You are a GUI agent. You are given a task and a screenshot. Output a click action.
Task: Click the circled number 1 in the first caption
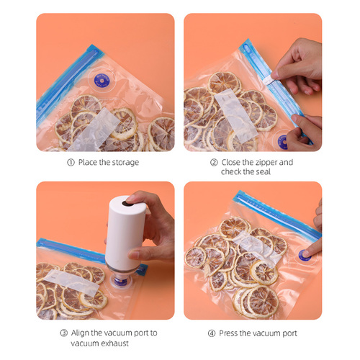[x=71, y=163]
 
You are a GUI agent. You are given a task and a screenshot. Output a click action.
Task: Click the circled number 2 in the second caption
[x=214, y=163]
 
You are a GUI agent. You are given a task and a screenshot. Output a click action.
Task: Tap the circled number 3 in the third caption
[x=63, y=333]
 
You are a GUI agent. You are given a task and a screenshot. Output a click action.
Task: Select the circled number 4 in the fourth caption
[x=212, y=333]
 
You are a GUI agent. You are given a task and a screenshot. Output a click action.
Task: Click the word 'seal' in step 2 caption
[x=263, y=172]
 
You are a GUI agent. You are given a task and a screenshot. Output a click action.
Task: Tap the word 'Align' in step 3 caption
[x=80, y=333]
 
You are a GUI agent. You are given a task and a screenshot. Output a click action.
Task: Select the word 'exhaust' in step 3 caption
[x=114, y=343]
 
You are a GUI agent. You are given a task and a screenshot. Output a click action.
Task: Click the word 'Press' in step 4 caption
[x=228, y=333]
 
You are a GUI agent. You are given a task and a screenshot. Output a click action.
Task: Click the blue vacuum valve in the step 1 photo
[x=102, y=81]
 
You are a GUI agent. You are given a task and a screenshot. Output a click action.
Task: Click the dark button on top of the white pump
[x=128, y=203]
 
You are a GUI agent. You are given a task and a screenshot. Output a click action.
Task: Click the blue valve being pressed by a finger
[x=305, y=255]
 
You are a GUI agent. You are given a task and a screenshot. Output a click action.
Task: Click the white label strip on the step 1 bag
[x=94, y=130]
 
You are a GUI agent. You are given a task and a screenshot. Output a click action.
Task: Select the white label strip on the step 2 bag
[x=236, y=116]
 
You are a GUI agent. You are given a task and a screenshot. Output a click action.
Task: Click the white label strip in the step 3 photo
[x=72, y=282]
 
